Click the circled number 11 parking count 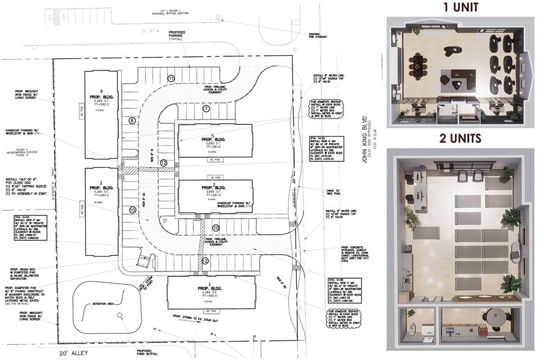click(x=171, y=79)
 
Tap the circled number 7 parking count click(x=206, y=108)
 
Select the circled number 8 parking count click(x=132, y=121)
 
